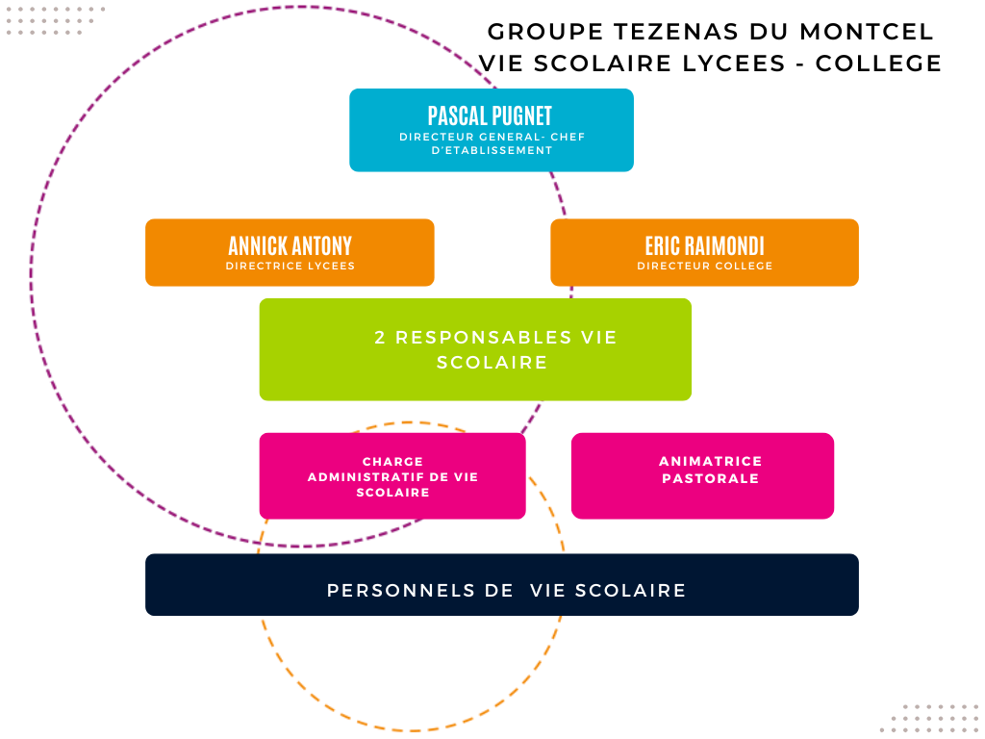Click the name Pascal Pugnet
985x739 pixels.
[x=491, y=115]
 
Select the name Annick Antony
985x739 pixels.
[x=290, y=245]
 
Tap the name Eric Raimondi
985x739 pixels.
[x=704, y=245]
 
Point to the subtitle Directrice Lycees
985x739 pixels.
[x=290, y=266]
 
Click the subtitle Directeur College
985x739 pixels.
[x=704, y=266]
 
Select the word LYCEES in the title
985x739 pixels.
[x=741, y=64]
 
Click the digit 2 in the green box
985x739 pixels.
[x=380, y=338]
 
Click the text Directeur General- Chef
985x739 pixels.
[x=492, y=137]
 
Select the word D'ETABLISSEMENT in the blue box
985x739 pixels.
[x=492, y=150]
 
